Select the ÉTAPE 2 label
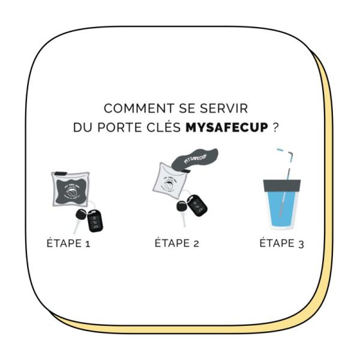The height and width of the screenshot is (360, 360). click(177, 244)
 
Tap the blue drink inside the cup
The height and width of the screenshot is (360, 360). click(282, 210)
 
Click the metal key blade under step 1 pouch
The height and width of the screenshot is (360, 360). click(76, 227)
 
